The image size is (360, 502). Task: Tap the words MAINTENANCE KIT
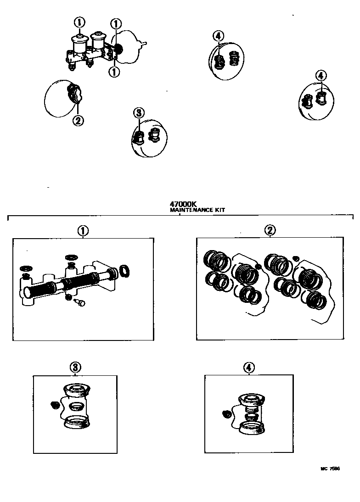[x=197, y=210]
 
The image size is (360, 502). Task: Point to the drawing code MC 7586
[x=330, y=469]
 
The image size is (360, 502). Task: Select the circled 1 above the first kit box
[x=83, y=231]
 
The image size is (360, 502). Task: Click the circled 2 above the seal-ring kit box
[x=270, y=231]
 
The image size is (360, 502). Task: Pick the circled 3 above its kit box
[x=75, y=367]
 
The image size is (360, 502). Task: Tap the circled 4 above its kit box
[x=248, y=367]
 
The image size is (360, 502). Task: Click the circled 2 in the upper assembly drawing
[x=78, y=121]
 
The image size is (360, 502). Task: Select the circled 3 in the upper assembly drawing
[x=139, y=113]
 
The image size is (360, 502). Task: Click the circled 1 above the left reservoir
[x=80, y=22]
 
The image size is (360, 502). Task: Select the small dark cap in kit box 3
[x=53, y=405]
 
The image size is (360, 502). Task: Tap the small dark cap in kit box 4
[x=226, y=414]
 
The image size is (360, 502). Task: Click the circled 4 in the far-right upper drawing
[x=321, y=75]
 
